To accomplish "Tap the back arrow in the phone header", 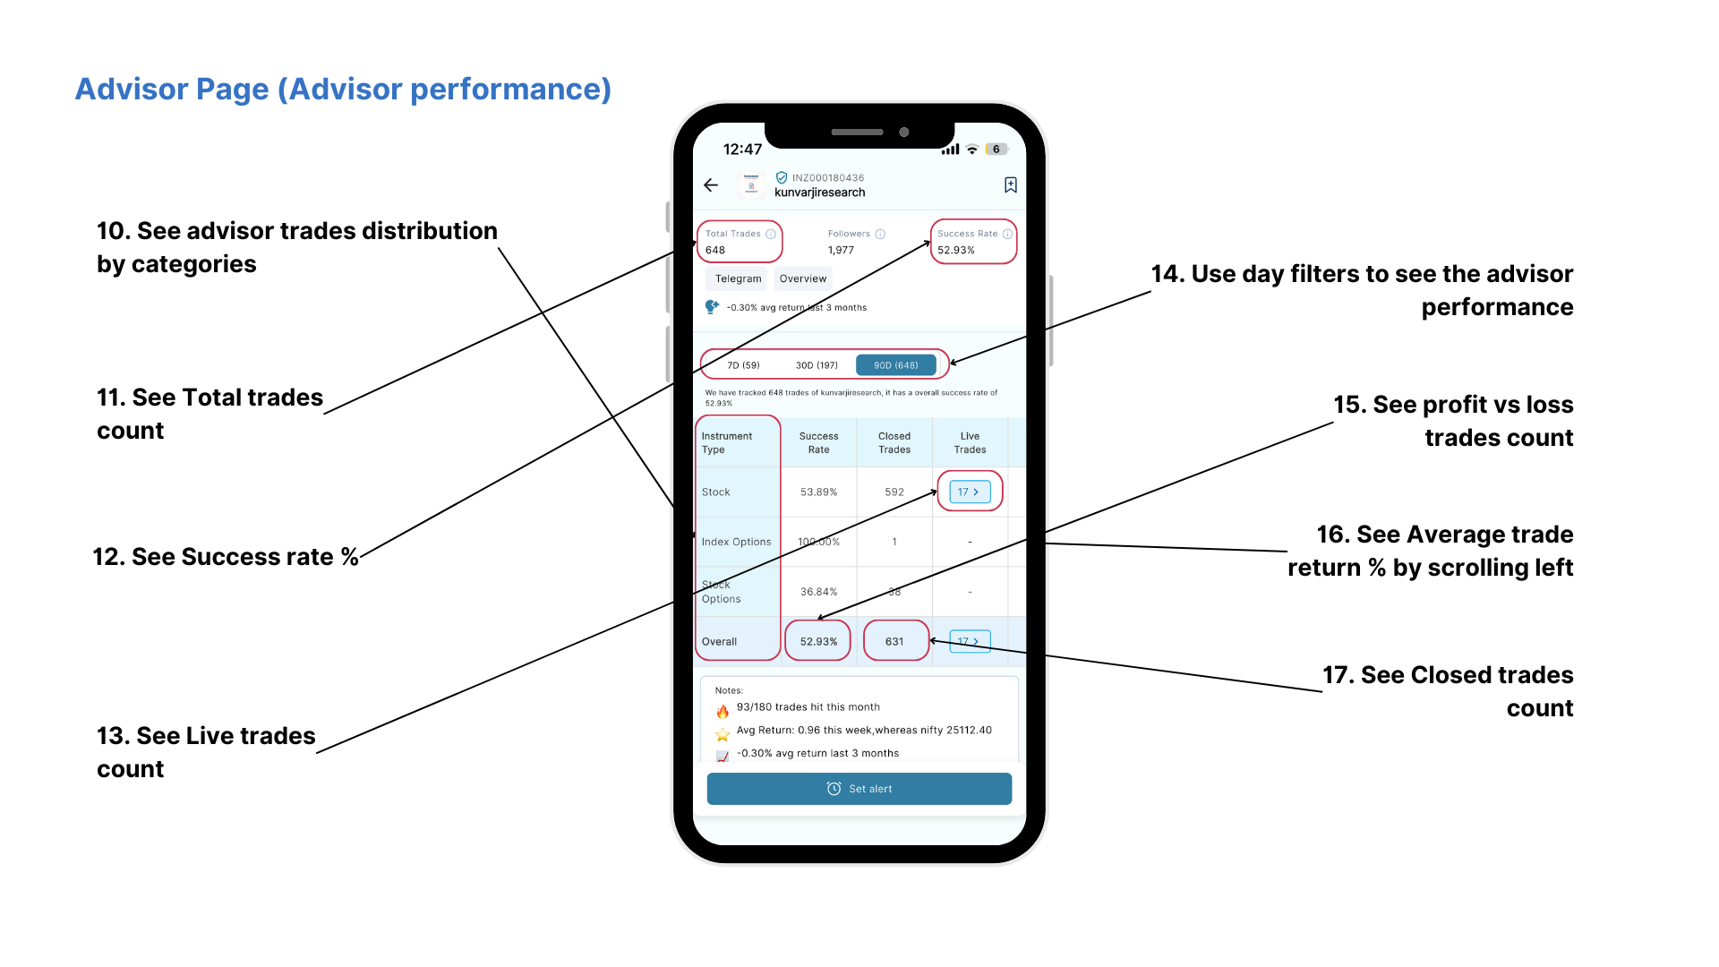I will pyautogui.click(x=711, y=185).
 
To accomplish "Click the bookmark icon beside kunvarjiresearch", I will pyautogui.click(x=1010, y=185).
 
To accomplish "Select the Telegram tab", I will pyautogui.click(x=738, y=279).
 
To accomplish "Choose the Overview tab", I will pyautogui.click(x=803, y=279).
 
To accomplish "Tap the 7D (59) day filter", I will pyautogui.click(x=743, y=365).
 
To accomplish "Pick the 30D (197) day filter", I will pyautogui.click(x=817, y=365).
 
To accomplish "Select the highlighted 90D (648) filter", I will pyautogui.click(x=895, y=365).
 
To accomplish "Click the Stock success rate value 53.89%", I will pyautogui.click(x=818, y=492).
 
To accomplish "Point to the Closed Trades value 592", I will pyautogui.click(x=894, y=492).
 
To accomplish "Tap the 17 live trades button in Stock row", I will pyautogui.click(x=969, y=492).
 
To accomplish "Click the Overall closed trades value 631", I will pyautogui.click(x=894, y=642).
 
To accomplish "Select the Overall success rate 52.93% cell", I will pyautogui.click(x=818, y=642).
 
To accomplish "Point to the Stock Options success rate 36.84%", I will pyautogui.click(x=818, y=592).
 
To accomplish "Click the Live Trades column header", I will pyautogui.click(x=970, y=443).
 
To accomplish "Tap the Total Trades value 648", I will pyautogui.click(x=715, y=251).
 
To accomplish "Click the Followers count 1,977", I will pyautogui.click(x=841, y=251).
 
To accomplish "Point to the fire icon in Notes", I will pyautogui.click(x=723, y=712).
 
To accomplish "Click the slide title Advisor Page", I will pyautogui.click(x=343, y=90).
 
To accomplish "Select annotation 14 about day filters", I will pyautogui.click(x=1362, y=290).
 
